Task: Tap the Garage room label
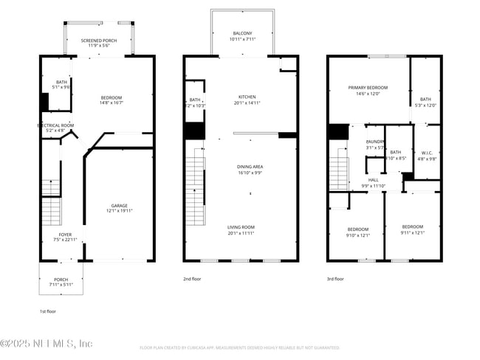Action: (120, 207)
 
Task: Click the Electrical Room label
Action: (56, 125)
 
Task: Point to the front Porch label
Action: (61, 280)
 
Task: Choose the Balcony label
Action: (242, 34)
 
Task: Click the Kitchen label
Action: (246, 97)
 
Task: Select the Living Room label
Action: (241, 227)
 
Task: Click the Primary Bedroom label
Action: (368, 88)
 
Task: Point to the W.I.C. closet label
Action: (426, 153)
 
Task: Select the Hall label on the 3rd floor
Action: (374, 181)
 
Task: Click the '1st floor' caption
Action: (48, 311)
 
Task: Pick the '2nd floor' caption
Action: (191, 279)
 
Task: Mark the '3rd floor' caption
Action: (335, 279)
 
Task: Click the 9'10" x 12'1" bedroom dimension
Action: (358, 235)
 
